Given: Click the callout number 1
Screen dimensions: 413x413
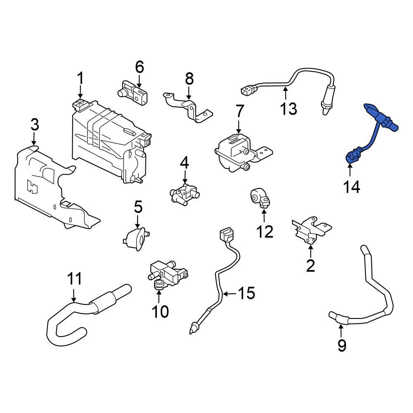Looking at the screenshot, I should [x=81, y=78].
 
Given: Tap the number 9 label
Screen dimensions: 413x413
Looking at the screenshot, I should [x=342, y=345].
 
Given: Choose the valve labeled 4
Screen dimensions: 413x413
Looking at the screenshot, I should [x=184, y=193].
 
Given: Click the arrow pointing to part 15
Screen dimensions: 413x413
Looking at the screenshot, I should [x=230, y=294].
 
